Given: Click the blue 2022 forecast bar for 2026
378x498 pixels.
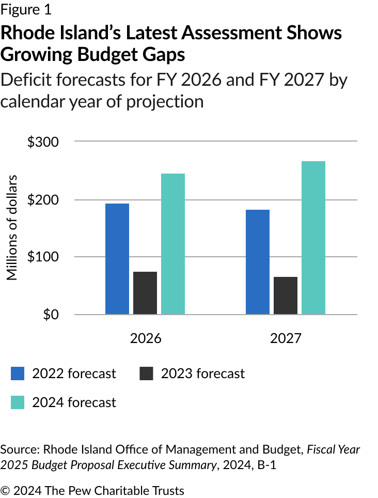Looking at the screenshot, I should coord(117,258).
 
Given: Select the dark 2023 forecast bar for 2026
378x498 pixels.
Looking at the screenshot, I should coord(145,292).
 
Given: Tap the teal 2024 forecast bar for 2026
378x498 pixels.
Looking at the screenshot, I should coord(173,243).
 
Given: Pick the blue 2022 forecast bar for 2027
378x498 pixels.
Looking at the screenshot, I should coord(258,261).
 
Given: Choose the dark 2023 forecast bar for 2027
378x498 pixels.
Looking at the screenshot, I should coord(286,295).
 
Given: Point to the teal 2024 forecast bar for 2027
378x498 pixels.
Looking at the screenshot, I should coord(313,237).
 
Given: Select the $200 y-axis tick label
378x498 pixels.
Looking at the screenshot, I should coord(43,200).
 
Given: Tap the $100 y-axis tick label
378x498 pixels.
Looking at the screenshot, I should coord(43,257).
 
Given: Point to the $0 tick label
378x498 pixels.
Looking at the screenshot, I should coord(50,314).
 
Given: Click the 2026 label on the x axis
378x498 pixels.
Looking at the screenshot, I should coord(145,338).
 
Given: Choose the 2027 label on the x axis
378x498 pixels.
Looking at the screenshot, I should coord(286,338).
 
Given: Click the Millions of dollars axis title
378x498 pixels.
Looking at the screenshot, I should coord(12,228).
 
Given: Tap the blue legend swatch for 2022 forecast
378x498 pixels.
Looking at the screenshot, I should coord(18,374).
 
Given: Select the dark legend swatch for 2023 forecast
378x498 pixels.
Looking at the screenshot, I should coord(147,374).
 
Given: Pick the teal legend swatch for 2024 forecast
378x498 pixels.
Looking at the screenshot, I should coord(18,402).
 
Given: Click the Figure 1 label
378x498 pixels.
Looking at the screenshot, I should coord(26,9).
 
